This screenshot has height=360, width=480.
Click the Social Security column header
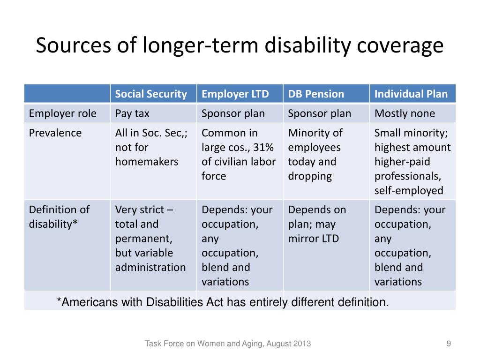[151, 94]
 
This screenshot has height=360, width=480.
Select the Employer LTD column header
[235, 94]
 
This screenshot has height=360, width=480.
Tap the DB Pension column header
[316, 94]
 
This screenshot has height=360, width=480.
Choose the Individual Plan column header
[411, 94]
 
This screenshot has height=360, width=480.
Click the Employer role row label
[63, 113]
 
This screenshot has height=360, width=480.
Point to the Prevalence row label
[55, 133]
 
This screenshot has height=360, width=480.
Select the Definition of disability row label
[59, 217]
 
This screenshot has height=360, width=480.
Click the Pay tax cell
[133, 113]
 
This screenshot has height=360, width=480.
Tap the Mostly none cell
[405, 113]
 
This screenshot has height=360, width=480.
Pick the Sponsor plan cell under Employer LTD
[233, 113]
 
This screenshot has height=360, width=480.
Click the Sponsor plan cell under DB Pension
[319, 113]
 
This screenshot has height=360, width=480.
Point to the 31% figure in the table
[263, 148]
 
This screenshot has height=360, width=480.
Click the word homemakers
[147, 162]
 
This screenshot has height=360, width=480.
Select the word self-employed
[409, 191]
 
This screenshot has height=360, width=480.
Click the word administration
[150, 268]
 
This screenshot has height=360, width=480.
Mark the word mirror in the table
[303, 239]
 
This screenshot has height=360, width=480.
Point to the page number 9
[449, 344]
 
